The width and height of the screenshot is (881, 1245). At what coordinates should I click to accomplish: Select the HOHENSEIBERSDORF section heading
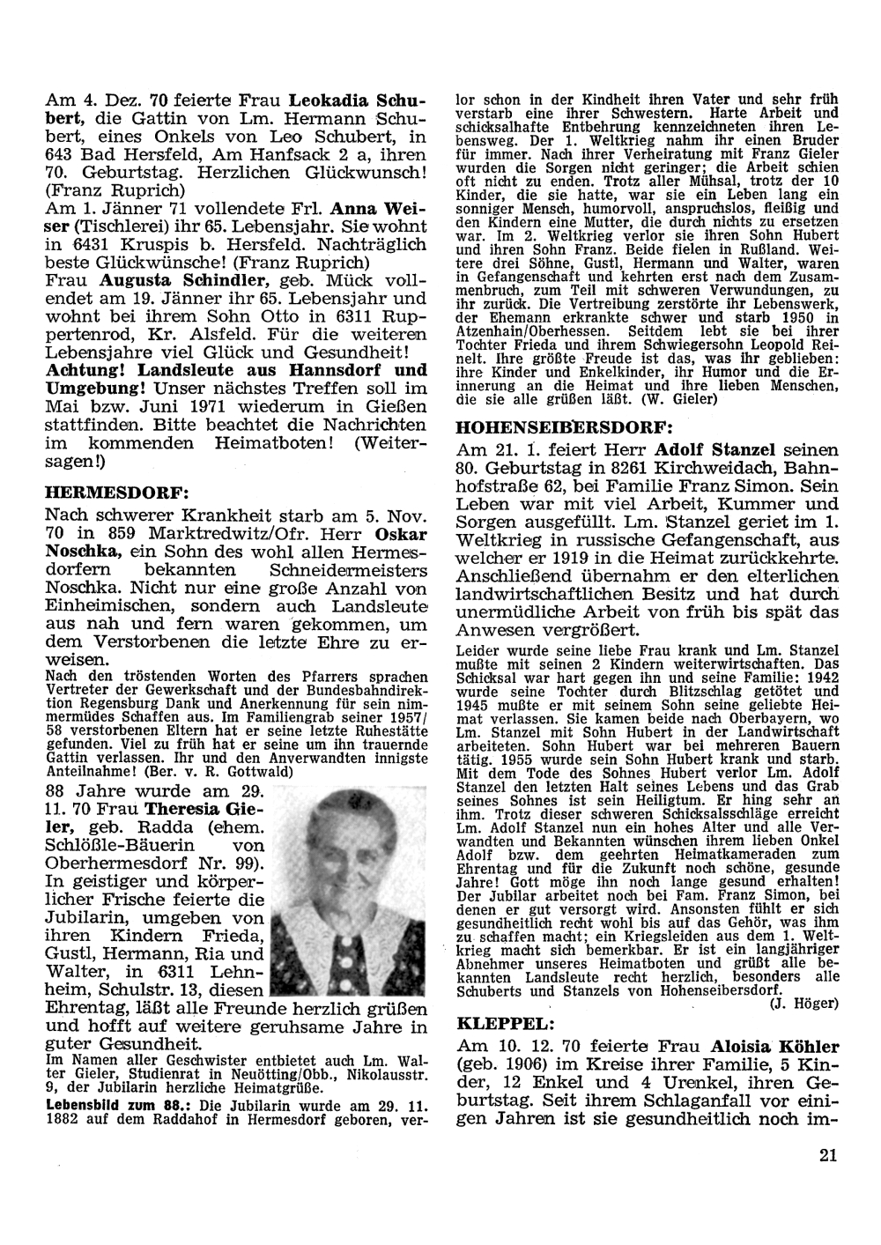pos(564,426)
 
